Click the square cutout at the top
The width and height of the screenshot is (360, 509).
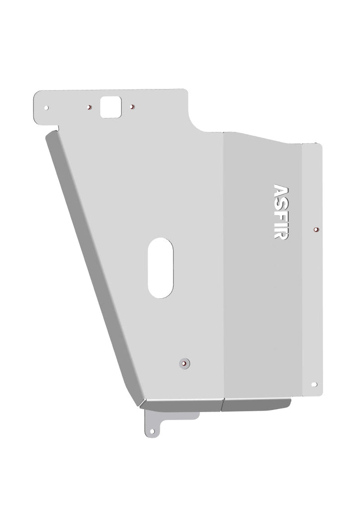(x=111, y=107)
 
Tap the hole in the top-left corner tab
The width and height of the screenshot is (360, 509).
(x=46, y=107)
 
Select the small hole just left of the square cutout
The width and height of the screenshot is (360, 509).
(x=90, y=107)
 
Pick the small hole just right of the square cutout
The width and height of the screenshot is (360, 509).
(x=132, y=107)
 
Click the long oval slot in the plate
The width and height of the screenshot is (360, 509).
(x=160, y=267)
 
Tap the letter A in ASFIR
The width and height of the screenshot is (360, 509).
(x=280, y=191)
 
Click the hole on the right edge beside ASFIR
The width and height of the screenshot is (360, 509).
(x=316, y=229)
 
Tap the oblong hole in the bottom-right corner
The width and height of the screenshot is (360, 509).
(x=314, y=384)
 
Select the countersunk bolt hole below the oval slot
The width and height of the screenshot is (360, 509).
(x=185, y=363)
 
